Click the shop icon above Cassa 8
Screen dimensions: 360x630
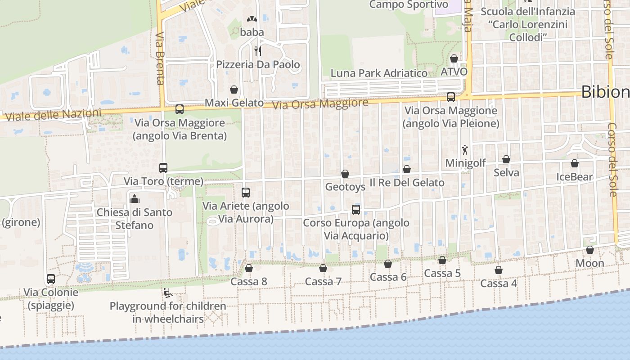tap(248, 268)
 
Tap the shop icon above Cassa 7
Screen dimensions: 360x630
tap(323, 269)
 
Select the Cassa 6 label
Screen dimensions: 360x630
tap(388, 277)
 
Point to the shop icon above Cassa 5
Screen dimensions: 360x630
tap(442, 260)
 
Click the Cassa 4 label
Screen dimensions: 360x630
tap(499, 283)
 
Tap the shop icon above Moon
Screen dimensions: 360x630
tap(590, 250)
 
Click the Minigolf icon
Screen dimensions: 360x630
tap(465, 150)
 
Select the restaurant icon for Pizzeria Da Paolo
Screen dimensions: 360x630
tap(258, 51)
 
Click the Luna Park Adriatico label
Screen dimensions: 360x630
tap(379, 73)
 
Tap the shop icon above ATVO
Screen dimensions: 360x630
tap(454, 58)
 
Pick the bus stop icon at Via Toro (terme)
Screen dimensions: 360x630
tap(163, 168)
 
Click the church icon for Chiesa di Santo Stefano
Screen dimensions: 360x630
tap(135, 198)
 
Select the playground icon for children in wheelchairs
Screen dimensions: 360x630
tap(167, 293)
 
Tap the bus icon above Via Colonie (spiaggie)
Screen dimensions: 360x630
tap(51, 279)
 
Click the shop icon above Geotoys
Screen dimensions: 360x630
tap(345, 174)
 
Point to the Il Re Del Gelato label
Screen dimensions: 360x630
tap(407, 183)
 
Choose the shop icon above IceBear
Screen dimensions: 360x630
tap(575, 163)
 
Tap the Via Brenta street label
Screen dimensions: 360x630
tap(160, 58)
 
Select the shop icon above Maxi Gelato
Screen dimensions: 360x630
tap(234, 90)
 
